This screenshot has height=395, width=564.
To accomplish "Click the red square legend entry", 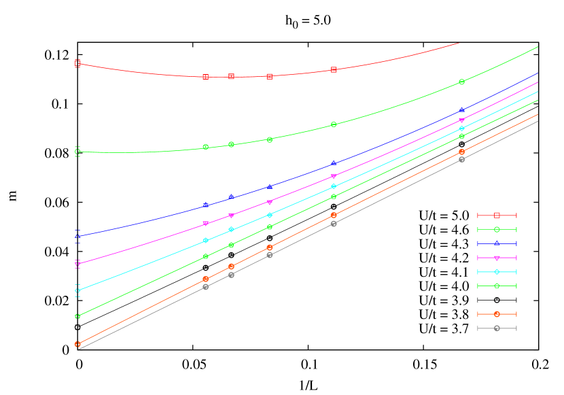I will coord(497,216).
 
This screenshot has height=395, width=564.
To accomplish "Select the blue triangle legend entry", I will coord(497,243).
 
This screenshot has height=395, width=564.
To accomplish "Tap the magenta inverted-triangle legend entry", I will coord(497,258).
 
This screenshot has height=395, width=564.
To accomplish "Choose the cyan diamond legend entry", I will coord(497,272).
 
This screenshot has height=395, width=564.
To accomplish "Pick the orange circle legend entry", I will coord(497,314).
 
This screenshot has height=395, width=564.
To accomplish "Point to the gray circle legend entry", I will coord(497,328).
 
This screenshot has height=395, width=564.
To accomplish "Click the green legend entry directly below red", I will coord(497,230).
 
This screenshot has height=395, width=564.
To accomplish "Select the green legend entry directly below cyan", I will coord(497,286).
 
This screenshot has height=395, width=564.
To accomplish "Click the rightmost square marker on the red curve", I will coord(334,70).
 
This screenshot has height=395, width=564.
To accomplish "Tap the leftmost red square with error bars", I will coord(77,64).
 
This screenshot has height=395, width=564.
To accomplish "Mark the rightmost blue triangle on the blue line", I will coord(461,109).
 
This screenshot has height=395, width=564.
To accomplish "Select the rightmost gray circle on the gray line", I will coord(461,159).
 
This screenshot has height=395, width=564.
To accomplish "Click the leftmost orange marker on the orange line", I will coord(77,344).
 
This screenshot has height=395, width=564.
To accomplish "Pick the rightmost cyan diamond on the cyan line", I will coord(461,128).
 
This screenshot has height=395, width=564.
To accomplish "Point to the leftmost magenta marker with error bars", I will coord(77,264).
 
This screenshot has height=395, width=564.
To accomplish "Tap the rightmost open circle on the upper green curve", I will coord(461,82).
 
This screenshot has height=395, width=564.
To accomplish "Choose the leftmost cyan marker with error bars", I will coord(77,290).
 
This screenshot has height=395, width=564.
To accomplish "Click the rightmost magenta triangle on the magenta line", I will coord(461,120).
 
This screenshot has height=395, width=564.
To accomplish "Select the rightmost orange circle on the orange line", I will coord(461,152).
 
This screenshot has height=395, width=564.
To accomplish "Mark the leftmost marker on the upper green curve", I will coord(77,152).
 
